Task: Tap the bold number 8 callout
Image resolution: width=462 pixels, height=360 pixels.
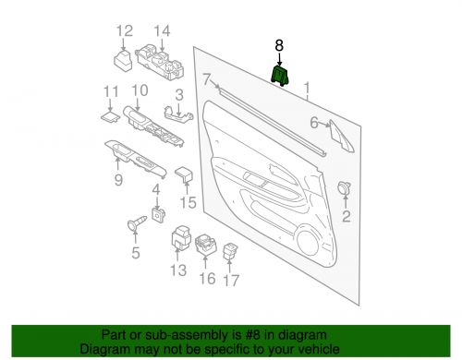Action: (280, 44)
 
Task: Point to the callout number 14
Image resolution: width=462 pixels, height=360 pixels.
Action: (163, 33)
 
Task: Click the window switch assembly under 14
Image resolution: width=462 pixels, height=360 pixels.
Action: (163, 65)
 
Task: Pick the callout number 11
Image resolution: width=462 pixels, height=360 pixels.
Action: (110, 91)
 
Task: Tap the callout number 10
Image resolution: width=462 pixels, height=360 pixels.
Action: (140, 90)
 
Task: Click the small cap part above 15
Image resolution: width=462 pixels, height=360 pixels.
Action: (183, 173)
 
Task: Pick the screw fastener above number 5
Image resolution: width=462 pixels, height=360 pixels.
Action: (134, 222)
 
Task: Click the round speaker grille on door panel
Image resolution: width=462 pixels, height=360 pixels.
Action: (310, 244)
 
